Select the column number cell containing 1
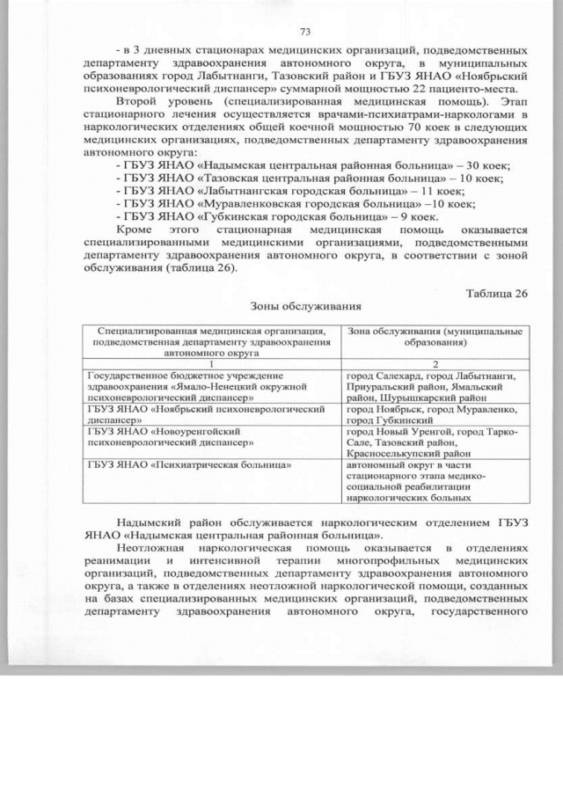[212, 364]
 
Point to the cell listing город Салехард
[431, 386]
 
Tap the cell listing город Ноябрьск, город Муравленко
[431, 415]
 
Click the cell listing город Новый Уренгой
[431, 443]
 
